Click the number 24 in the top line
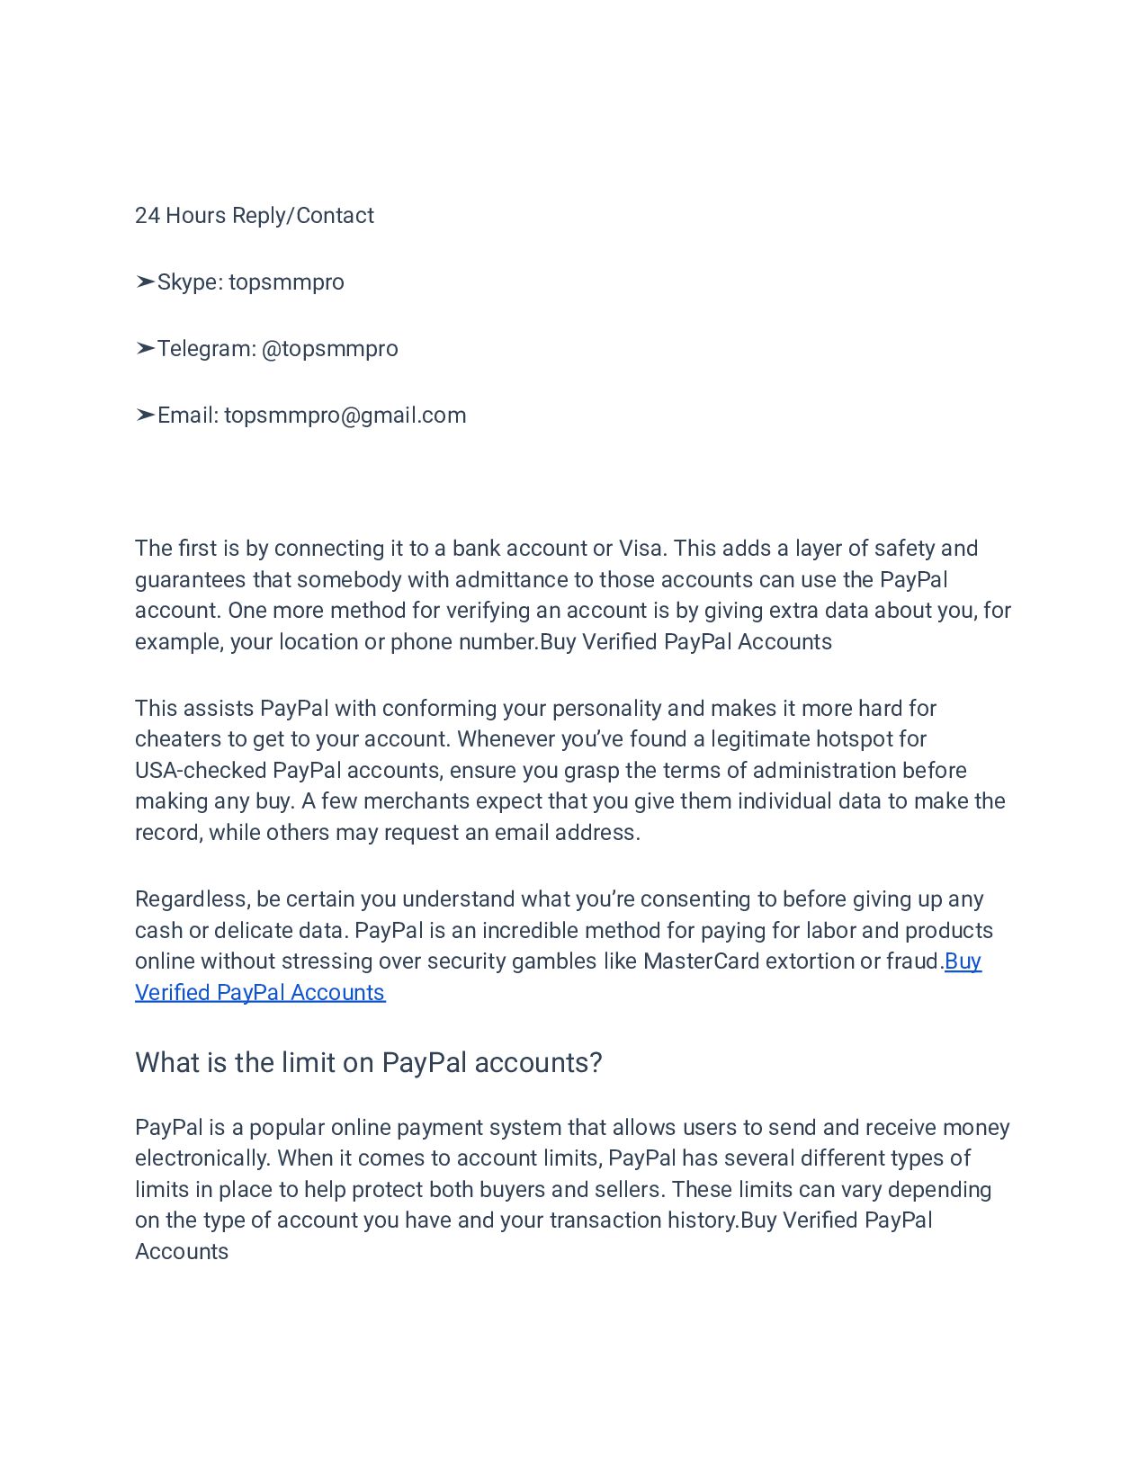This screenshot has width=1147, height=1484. tap(148, 216)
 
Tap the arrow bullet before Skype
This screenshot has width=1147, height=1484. tap(145, 282)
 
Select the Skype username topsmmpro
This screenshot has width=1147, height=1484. tap(286, 282)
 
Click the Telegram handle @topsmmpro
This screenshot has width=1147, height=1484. tap(329, 349)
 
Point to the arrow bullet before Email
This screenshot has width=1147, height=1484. tap(145, 416)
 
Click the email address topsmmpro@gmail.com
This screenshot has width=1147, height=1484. tap(345, 416)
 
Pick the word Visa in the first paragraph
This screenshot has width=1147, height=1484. tap(641, 549)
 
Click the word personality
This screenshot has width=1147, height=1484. tap(607, 709)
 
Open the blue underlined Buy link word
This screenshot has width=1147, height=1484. tap(963, 961)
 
